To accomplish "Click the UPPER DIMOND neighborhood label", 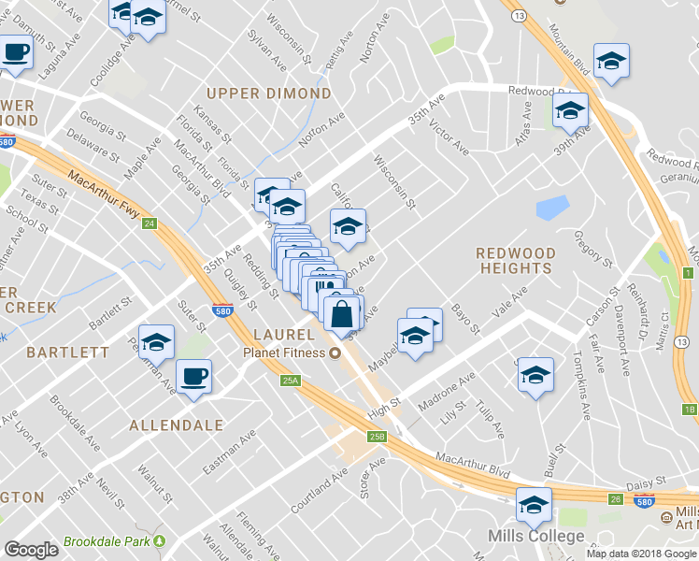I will (x=269, y=93).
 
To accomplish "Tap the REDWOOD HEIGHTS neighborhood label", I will (x=515, y=261).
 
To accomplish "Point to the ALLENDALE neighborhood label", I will (x=178, y=424).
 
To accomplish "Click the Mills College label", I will (x=536, y=537).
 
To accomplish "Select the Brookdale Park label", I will (x=107, y=541).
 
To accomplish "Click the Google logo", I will (x=32, y=550).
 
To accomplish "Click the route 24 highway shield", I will (x=149, y=223).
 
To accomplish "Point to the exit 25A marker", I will (x=290, y=381).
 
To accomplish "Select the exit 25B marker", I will (x=377, y=436).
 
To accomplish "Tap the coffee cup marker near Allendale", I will (x=194, y=377).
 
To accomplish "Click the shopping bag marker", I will (x=342, y=313).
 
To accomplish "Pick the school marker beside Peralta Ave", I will (x=156, y=342).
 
